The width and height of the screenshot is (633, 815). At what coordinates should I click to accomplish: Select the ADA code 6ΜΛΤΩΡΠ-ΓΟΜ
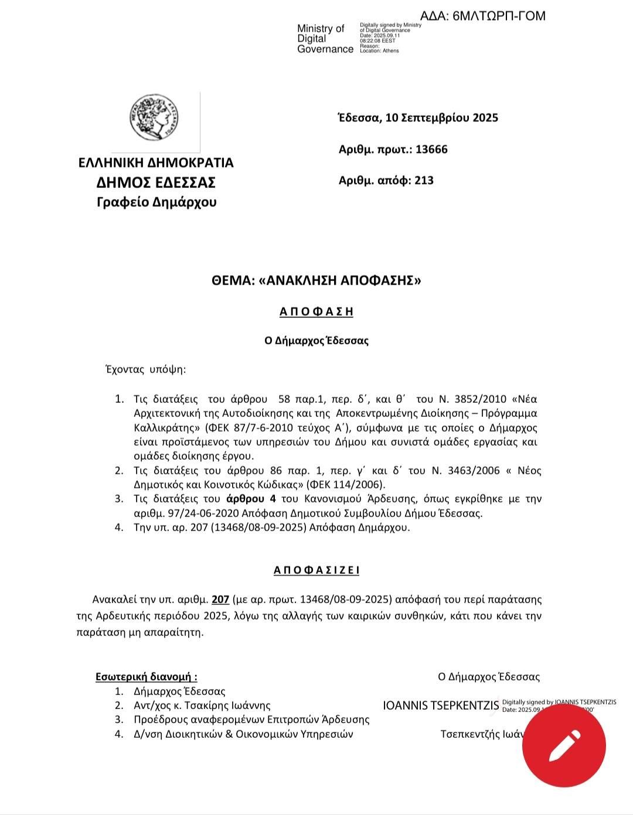click(x=499, y=16)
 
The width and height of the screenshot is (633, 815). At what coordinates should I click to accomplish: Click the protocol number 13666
click(x=431, y=149)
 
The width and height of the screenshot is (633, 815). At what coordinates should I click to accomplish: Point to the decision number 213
click(x=424, y=180)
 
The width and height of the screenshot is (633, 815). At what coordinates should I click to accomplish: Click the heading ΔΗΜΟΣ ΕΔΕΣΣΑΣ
click(x=156, y=183)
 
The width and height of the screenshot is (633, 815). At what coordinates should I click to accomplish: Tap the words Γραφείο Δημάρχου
click(x=156, y=203)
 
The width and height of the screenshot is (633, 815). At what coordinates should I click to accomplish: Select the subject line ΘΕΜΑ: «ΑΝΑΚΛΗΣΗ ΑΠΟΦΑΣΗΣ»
click(x=316, y=280)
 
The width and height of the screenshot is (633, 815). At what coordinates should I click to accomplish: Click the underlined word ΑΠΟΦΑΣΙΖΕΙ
click(x=316, y=570)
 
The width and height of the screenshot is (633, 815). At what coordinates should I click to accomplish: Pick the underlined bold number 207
click(x=220, y=600)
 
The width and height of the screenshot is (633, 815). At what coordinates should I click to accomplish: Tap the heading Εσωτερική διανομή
click(x=146, y=677)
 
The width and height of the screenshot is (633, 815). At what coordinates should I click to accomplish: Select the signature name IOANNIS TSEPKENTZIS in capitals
click(x=441, y=706)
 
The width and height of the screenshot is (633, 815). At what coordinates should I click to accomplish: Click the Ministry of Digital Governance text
click(x=325, y=39)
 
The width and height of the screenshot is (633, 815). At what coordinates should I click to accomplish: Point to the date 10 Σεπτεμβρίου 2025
click(x=441, y=118)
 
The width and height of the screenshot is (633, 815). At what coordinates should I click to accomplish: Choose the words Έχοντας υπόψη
click(x=145, y=369)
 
